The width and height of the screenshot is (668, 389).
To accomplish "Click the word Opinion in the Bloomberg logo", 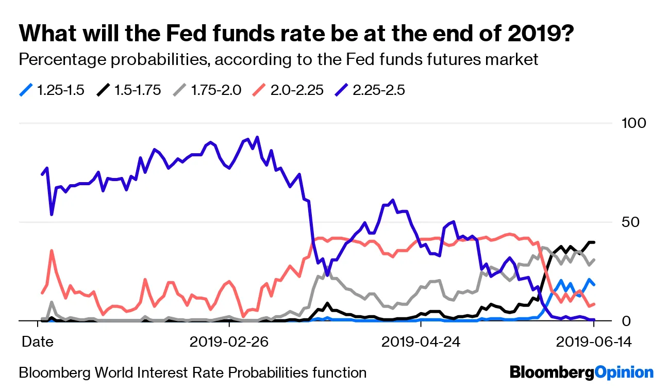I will click(624, 372).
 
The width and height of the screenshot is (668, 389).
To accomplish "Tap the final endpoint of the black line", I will click(594, 242).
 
